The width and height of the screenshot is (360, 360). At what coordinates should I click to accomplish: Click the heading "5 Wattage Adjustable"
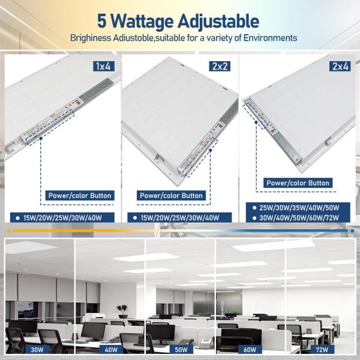tap(178, 21)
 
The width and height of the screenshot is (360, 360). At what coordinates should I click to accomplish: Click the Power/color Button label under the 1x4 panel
tap(79, 196)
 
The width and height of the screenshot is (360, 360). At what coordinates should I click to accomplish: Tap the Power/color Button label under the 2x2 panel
tap(171, 196)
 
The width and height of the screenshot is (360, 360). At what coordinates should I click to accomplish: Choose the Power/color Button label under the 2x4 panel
tap(298, 183)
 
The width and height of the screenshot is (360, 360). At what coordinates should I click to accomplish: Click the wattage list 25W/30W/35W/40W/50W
tap(299, 208)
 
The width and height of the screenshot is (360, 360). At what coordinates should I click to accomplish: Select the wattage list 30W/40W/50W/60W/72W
tap(299, 218)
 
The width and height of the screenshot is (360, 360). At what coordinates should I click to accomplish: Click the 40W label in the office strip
tap(111, 349)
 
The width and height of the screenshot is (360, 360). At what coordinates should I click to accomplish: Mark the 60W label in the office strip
tap(250, 349)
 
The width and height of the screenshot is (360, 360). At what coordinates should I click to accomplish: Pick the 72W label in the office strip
tap(322, 349)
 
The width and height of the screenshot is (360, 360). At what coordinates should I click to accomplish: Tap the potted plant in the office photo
tap(122, 311)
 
